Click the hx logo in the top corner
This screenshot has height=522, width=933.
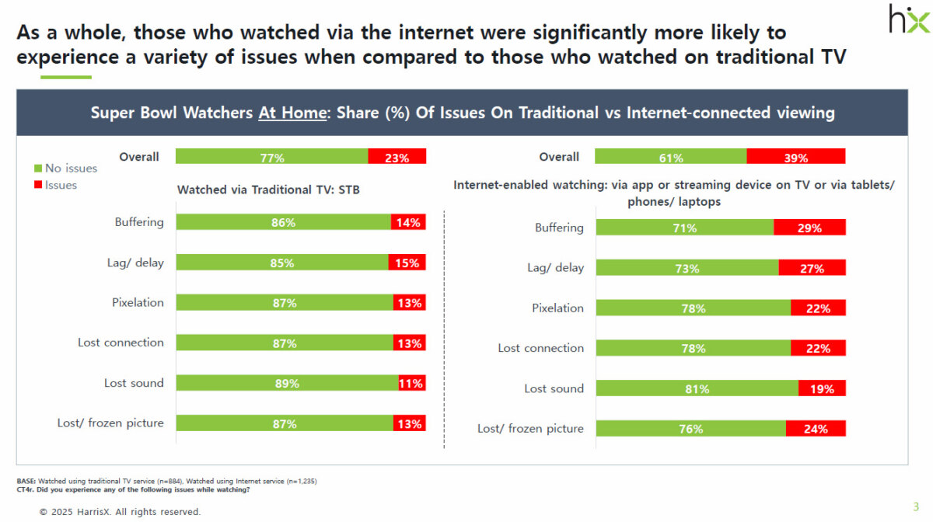click(908, 18)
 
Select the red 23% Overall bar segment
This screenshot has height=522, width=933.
click(397, 157)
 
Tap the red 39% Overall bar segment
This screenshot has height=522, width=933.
click(796, 157)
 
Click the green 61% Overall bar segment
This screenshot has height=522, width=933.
click(670, 157)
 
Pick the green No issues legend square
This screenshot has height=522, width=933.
click(38, 168)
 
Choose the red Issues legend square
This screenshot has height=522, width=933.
click(38, 185)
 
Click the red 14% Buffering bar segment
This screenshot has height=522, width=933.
click(408, 222)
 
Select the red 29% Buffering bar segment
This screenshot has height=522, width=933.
click(809, 228)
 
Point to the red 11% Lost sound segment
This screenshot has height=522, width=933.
click(412, 383)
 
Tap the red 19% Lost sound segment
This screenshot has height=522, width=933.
click(822, 388)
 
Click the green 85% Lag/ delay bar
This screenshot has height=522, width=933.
click(282, 263)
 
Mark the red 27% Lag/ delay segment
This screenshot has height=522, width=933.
click(812, 268)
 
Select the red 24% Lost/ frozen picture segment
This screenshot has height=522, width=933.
click(816, 429)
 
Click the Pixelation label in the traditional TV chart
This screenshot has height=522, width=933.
click(138, 302)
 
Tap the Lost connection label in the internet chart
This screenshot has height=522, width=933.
click(540, 348)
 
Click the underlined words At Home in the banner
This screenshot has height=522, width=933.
click(292, 113)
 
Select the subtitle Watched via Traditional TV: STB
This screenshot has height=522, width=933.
click(268, 190)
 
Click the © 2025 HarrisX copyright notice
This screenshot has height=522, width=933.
click(120, 512)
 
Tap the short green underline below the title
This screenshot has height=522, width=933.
click(65, 77)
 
